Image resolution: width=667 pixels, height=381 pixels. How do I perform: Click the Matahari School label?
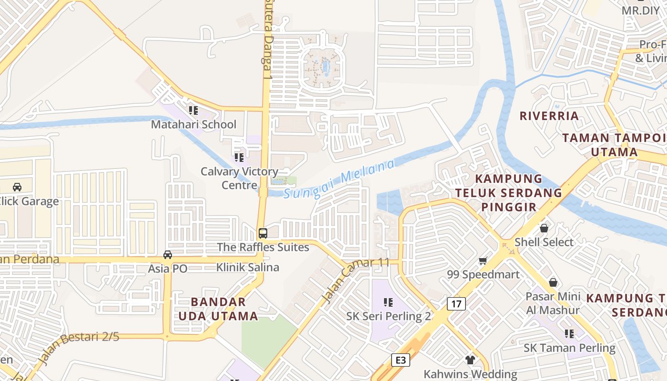coord(193,125)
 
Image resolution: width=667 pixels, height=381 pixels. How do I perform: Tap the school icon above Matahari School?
coord(193,110)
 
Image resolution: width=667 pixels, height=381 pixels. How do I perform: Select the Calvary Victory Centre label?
coord(239,178)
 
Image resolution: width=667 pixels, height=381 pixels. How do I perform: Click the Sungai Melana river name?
coord(339,180)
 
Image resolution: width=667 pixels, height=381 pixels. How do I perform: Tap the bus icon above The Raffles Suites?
coord(263,233)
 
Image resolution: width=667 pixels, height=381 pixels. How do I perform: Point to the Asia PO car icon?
coord(168,255)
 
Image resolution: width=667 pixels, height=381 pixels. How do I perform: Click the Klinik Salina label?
coord(247,267)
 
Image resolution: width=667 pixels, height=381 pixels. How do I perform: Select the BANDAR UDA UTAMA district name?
coord(218,309)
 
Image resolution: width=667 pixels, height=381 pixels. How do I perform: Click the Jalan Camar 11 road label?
coord(355,280)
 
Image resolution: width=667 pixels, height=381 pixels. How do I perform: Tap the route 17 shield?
coord(456,303)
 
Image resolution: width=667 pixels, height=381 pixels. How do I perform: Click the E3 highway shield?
coord(401,360)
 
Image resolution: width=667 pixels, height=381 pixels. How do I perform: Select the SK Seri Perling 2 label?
coord(388,316)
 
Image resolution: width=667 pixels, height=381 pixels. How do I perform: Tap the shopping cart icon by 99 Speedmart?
coord(483,261)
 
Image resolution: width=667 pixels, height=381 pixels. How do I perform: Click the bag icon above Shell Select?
coord(544,228)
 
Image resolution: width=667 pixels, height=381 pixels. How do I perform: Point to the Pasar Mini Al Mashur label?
coord(553,303)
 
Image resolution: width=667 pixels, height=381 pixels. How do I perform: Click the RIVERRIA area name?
coord(549,116)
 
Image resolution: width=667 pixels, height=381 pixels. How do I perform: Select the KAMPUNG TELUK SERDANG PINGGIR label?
coord(509,193)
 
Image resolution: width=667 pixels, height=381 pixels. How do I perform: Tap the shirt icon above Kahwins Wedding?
coord(470,360)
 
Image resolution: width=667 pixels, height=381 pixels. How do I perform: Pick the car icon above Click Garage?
coord(17,187)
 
